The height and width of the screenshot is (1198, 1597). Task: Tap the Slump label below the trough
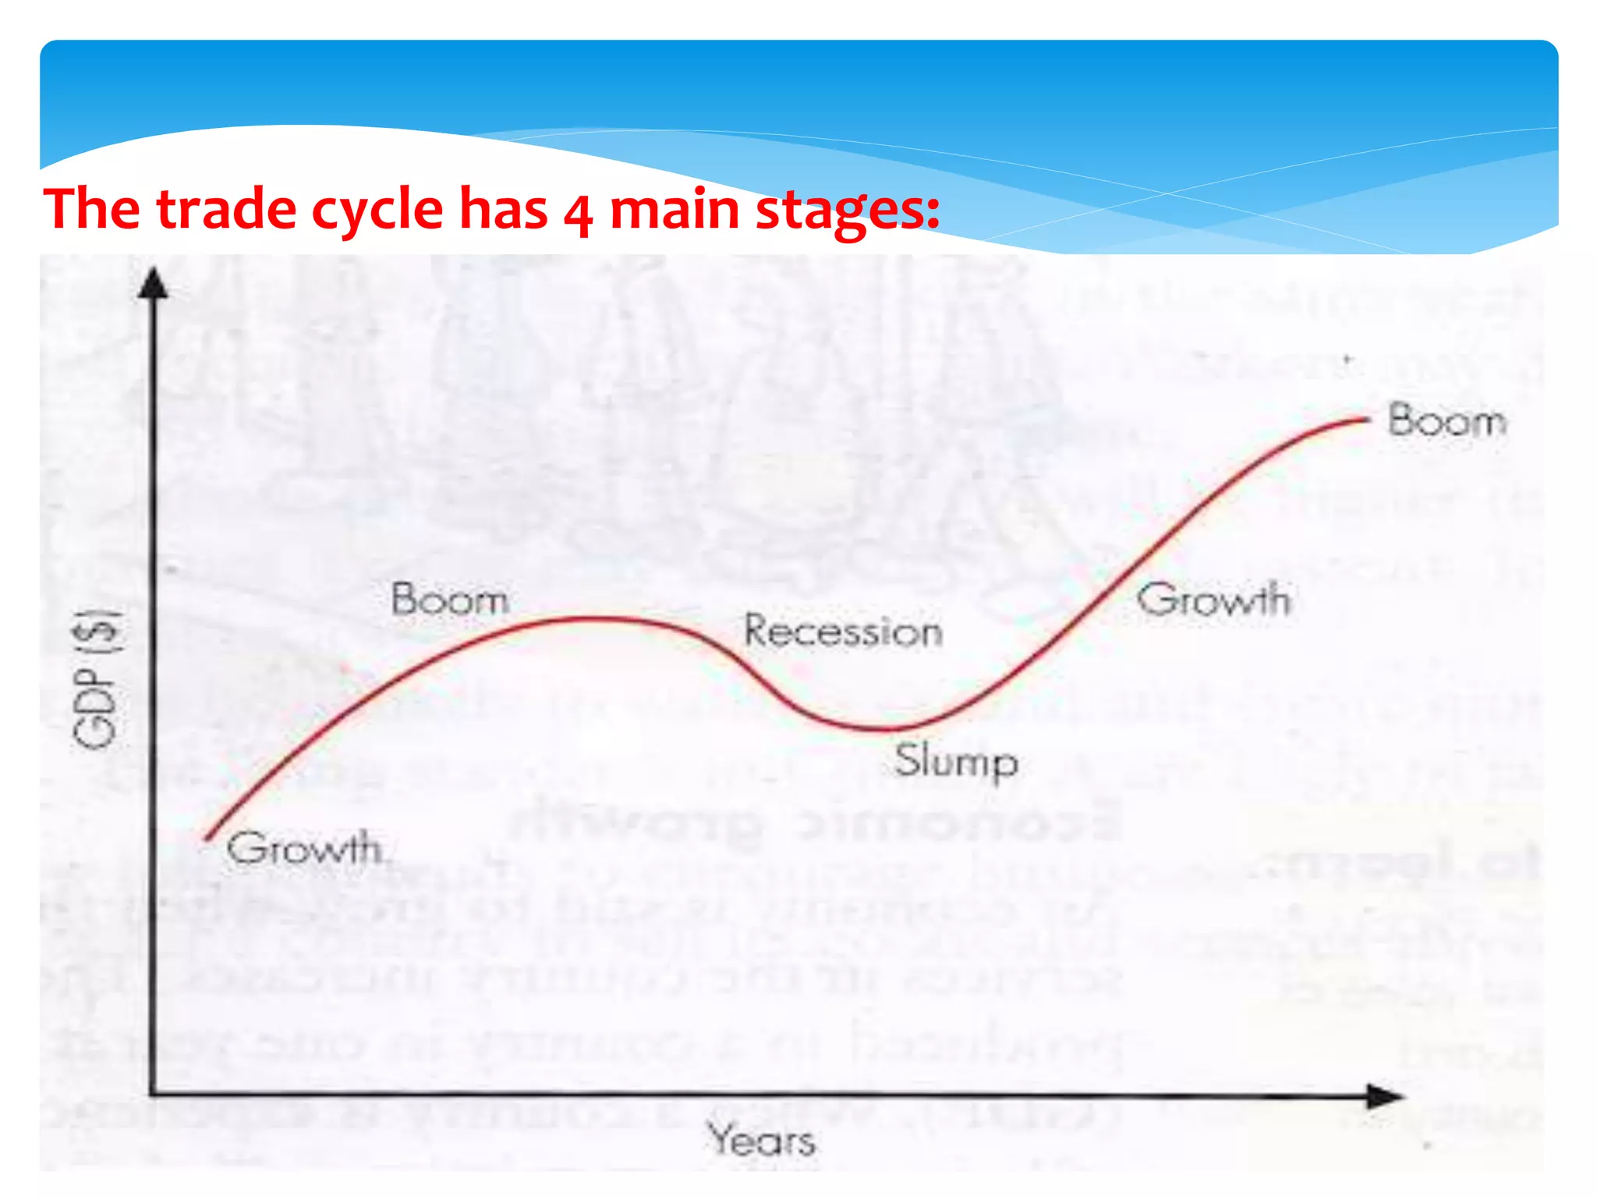955,761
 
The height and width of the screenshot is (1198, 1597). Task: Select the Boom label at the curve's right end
1447,421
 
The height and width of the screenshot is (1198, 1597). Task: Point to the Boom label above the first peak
450,600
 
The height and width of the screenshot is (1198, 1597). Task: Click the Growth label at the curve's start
305,848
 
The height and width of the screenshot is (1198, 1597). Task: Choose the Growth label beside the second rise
1213,600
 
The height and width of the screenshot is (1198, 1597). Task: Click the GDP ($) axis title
97,679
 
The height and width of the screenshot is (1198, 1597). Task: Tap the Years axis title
762,1140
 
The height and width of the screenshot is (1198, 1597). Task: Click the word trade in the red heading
226,209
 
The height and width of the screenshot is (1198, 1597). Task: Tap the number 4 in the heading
578,212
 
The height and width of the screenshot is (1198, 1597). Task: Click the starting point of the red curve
207,838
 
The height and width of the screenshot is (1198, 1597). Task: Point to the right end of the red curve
1368,420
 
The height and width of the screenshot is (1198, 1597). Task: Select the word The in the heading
93,209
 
